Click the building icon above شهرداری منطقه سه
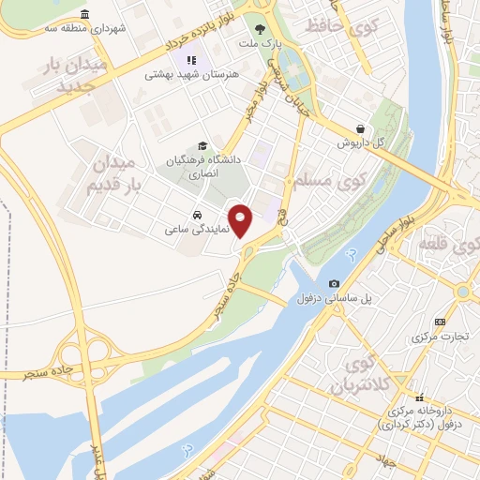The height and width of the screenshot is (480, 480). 86,15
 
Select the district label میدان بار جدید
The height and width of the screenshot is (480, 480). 82,75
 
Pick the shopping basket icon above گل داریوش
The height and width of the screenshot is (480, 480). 361,129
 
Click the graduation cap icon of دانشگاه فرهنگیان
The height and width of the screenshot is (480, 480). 202,145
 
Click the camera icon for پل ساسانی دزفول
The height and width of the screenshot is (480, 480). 334,284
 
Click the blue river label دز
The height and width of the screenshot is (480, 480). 351,253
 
